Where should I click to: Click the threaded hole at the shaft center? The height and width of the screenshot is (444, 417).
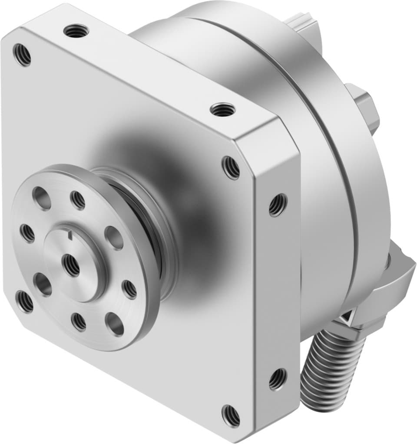tap(71, 265)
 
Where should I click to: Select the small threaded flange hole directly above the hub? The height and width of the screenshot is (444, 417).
tap(78, 199)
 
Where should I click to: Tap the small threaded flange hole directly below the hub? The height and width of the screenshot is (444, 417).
tap(79, 322)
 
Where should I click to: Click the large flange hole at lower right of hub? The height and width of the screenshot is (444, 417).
tap(115, 323)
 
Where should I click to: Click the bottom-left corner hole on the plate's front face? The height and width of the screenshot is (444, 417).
tap(24, 301)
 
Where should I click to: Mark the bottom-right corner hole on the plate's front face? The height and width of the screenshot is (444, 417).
tap(231, 415)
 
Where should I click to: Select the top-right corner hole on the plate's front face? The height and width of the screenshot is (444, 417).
tap(231, 167)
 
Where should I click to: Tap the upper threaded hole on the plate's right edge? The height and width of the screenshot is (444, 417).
tap(278, 205)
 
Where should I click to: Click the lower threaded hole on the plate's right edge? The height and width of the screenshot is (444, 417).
tap(278, 379)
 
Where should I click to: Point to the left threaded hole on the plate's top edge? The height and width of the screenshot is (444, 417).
tap(76, 31)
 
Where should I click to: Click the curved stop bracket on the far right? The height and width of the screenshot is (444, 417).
tap(395, 277)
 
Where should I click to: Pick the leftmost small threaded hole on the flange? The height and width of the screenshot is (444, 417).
tap(27, 233)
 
